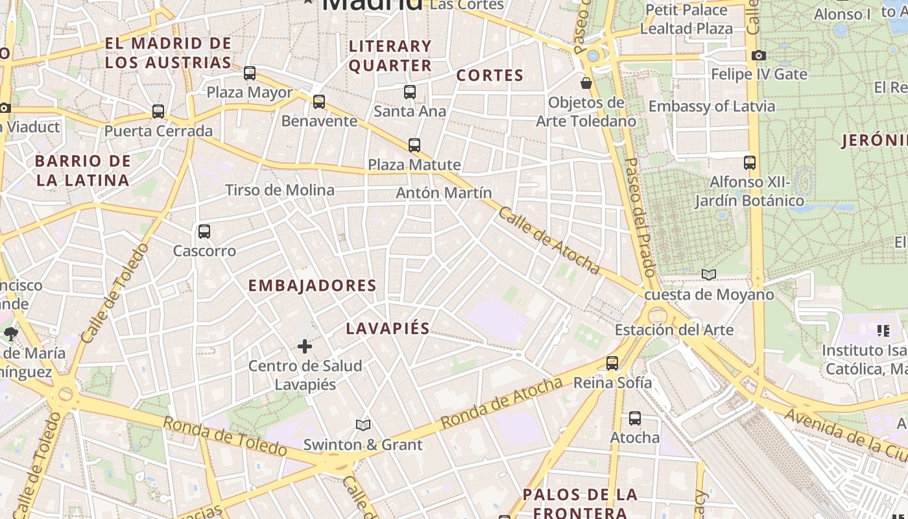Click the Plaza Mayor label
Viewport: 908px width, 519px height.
click(x=250, y=93)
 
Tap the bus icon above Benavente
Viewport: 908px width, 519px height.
click(x=318, y=102)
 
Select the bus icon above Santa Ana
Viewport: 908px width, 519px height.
click(x=409, y=92)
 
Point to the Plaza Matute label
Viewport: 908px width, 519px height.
click(x=414, y=165)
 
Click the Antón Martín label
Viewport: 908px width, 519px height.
click(x=444, y=193)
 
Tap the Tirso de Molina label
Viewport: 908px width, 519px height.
click(x=280, y=190)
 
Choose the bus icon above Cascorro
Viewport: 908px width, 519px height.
click(x=204, y=232)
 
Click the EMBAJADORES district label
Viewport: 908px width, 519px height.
click(x=312, y=285)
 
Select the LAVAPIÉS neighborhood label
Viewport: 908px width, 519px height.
click(x=388, y=328)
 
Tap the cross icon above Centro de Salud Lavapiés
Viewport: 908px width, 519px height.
click(x=305, y=346)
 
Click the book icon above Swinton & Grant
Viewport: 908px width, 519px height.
click(x=363, y=426)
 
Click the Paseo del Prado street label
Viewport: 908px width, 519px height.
click(x=641, y=217)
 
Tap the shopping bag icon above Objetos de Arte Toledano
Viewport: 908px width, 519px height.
click(x=586, y=83)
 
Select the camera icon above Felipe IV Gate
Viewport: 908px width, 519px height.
click(x=759, y=56)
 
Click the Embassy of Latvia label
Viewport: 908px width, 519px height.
click(x=711, y=106)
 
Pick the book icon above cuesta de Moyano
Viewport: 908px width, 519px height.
click(x=709, y=275)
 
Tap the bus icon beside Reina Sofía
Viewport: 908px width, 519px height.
click(x=612, y=363)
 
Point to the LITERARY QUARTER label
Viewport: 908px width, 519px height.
click(x=390, y=56)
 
